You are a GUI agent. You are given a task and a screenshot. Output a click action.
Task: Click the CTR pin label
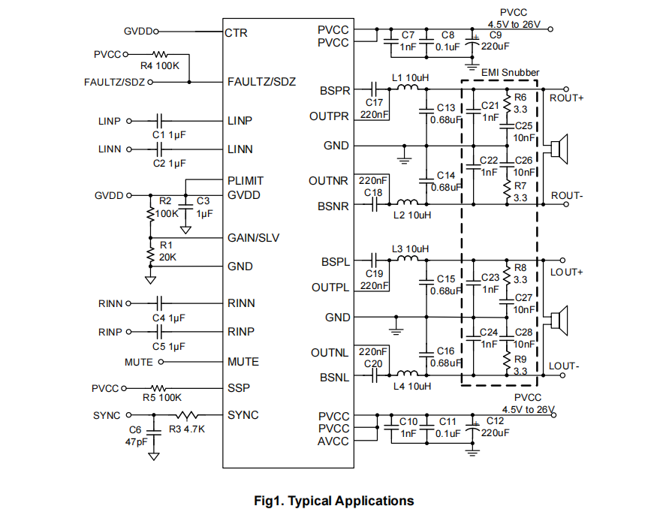coord(236,33)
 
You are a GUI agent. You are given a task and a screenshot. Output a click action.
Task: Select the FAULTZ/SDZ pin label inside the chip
coord(261,82)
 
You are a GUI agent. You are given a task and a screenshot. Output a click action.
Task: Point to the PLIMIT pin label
coord(246,181)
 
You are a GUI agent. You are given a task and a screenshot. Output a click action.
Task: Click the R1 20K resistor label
coord(167,251)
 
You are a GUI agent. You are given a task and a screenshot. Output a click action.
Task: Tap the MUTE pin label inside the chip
coord(243,361)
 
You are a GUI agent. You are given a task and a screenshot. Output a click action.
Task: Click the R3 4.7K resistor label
coord(187,429)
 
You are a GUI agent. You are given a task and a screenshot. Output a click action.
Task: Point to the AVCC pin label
coord(333,441)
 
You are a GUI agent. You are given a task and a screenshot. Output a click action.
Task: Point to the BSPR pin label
coord(334,91)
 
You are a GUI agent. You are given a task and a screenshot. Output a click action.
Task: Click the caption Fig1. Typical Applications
coord(334,501)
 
